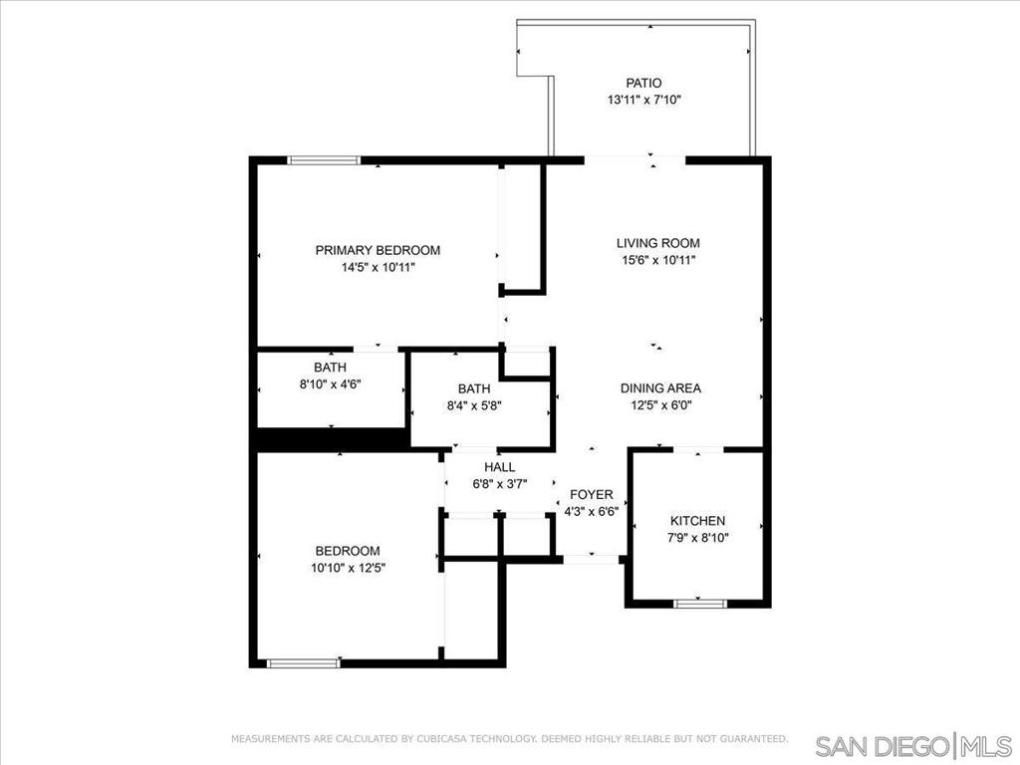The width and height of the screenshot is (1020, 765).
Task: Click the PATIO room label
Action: coord(643,84)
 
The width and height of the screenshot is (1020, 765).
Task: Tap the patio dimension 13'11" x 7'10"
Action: coord(643,101)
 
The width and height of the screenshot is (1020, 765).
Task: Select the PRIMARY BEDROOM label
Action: coord(378,250)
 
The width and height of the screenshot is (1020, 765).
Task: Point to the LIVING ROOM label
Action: coord(658,243)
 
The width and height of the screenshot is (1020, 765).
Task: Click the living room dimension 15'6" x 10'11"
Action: coord(658,260)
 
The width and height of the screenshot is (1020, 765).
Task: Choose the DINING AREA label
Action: coord(660,388)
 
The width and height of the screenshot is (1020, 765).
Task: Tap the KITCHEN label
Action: coord(697,521)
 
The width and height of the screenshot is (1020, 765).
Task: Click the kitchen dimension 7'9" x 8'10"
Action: coord(697,538)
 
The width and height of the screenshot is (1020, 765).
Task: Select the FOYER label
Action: coord(592,495)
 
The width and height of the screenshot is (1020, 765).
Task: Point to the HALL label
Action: coord(500,467)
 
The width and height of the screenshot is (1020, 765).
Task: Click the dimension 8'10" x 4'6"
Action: coord(330,384)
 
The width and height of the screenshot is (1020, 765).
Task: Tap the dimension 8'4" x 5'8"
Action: coord(474,406)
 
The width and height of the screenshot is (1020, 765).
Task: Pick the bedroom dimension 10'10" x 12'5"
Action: coord(349,568)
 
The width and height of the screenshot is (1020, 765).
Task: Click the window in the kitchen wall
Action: coord(700,604)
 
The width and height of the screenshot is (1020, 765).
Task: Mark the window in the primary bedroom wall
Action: coord(325,160)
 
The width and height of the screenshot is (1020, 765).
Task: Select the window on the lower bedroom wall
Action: coord(304,663)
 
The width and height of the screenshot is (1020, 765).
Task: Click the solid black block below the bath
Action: coord(332,439)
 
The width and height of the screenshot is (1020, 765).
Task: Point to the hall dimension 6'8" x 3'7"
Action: coord(500,484)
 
